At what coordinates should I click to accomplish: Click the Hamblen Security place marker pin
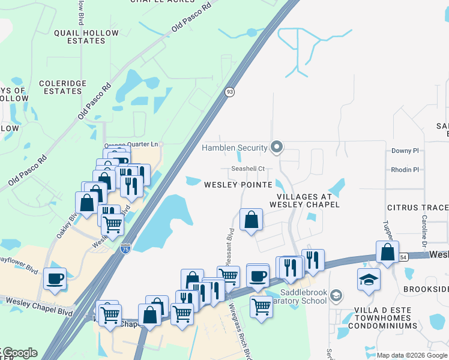pyautogui.click(x=277, y=147)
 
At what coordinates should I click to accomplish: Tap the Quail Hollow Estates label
pyautogui.click(x=79, y=37)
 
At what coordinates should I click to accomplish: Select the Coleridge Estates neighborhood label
pyautogui.click(x=62, y=87)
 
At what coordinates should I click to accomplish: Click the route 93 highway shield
pyautogui.click(x=229, y=92)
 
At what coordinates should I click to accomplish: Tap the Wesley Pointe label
pyautogui.click(x=238, y=185)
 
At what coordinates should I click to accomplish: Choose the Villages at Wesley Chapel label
pyautogui.click(x=309, y=200)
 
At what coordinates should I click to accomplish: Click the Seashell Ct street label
pyautogui.click(x=249, y=169)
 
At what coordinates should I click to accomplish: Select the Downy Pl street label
pyautogui.click(x=405, y=151)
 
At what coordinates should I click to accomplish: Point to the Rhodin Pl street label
pyautogui.click(x=405, y=170)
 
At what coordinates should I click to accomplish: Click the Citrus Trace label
pyautogui.click(x=418, y=208)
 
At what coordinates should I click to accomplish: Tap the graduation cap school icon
pyautogui.click(x=369, y=279)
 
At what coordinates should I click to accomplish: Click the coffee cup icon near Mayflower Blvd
pyautogui.click(x=55, y=278)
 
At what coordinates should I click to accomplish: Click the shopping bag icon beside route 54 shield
pyautogui.click(x=387, y=251)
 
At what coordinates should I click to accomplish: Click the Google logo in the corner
pyautogui.click(x=19, y=353)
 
